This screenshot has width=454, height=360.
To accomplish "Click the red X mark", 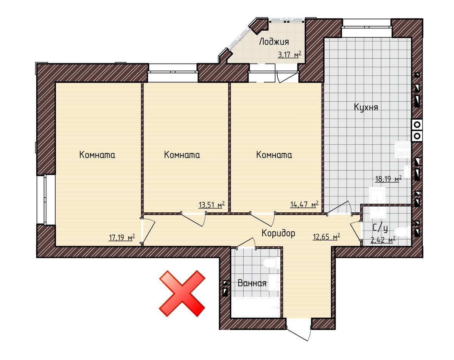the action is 182,293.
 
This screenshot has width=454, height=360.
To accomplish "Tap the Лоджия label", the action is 274,42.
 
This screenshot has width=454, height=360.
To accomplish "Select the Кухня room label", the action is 366,107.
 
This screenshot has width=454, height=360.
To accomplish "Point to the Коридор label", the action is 278,233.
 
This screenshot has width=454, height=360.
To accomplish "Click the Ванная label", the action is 252,283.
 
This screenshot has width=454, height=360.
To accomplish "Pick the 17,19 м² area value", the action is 122,237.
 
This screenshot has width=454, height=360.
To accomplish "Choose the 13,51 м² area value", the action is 211,204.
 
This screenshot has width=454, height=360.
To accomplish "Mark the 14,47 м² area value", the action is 304,204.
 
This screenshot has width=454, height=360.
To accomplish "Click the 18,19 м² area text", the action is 388,179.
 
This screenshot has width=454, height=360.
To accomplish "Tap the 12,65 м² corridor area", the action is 327,237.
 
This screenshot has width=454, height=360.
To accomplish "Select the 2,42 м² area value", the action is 383,240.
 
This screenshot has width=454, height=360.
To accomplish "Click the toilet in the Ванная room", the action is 271,263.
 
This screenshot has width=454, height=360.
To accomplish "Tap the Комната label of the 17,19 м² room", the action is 97,155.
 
